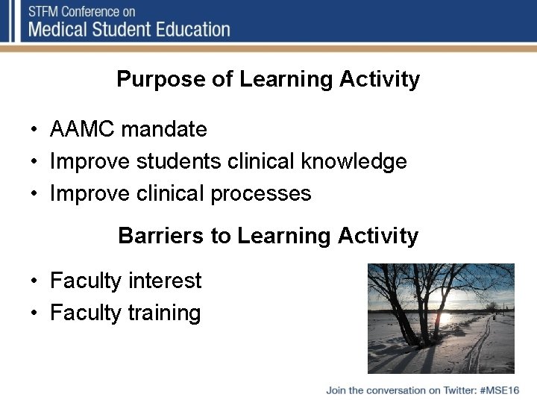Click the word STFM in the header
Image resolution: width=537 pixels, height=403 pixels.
click(45, 11)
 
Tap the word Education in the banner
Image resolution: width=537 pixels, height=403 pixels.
click(192, 30)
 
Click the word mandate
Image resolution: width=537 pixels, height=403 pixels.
click(164, 129)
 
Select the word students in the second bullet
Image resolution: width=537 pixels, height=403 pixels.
click(173, 161)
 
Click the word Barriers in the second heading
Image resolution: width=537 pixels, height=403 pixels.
click(161, 236)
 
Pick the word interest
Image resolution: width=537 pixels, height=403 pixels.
click(164, 281)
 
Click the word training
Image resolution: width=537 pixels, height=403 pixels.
click(164, 313)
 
